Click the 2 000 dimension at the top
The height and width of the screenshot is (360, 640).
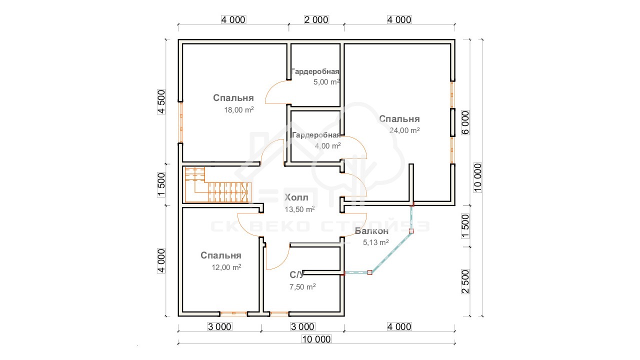316,19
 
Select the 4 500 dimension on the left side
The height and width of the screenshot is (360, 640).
161,101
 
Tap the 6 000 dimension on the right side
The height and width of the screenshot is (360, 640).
465,122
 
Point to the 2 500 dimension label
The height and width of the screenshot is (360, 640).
465,281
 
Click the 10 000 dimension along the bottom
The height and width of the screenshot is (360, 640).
316,339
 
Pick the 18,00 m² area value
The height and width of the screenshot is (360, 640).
239,109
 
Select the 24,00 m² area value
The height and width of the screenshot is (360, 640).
404,130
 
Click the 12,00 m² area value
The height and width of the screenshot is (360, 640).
226,267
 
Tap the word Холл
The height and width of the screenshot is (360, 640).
296,197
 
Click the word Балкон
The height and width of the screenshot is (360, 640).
371,231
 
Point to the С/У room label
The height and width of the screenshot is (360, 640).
297,275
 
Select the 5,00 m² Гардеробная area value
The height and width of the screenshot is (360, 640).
326,82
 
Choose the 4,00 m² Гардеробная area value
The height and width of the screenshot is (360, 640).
327,145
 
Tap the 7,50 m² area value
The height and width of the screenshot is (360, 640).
302,286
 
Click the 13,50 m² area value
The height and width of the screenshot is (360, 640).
299,209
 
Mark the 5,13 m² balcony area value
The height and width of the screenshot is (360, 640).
375,242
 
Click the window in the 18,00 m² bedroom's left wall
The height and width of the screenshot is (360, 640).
180,122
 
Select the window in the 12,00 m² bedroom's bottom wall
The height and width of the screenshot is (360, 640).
233,313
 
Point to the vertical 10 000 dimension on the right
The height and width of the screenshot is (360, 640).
477,177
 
